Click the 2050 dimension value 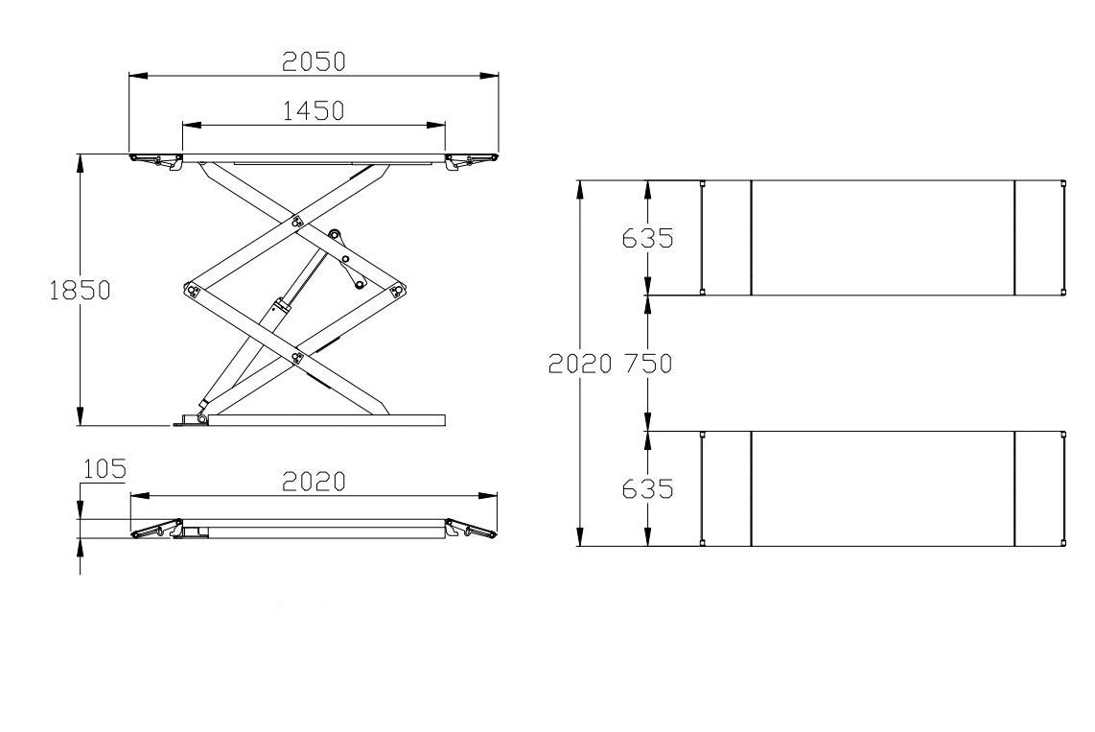pos(314,61)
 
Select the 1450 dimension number pos(314,111)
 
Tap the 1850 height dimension pos(80,290)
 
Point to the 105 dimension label pos(105,468)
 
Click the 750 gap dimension pos(648,364)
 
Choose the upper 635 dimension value pos(648,237)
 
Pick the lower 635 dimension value pos(648,488)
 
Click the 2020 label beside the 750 pos(579,364)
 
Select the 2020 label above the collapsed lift pos(314,482)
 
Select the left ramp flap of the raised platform pos(155,159)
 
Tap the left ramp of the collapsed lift pos(155,530)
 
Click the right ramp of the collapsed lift pos(472,529)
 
